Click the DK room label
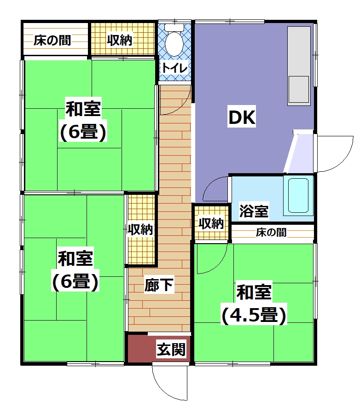coord(241,117)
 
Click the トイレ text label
coord(174,68)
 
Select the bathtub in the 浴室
coord(298,196)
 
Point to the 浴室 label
coord(254,211)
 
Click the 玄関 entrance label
coord(171,350)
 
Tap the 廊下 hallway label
coord(159,285)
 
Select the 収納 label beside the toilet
coord(120,40)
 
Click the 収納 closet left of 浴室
coord(211,223)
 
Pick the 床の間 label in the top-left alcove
coord(52,41)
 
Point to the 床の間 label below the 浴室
coord(271,232)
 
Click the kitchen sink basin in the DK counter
coord(299,89)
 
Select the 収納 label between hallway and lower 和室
coord(140,229)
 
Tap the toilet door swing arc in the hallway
coord(182,107)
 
